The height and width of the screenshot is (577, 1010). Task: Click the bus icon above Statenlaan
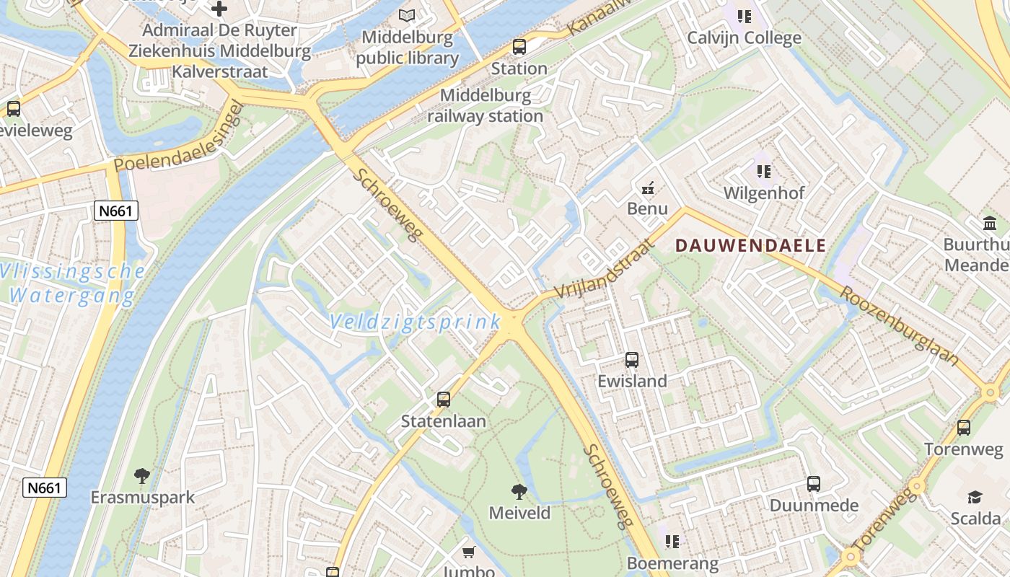click(x=444, y=399)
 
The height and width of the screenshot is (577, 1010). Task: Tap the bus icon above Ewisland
click(x=632, y=359)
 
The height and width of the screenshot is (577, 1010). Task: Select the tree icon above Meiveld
click(x=519, y=492)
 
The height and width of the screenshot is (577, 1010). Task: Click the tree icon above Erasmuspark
click(x=142, y=476)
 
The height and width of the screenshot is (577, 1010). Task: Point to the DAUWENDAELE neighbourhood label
click(x=750, y=245)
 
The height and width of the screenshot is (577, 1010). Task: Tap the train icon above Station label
click(x=519, y=48)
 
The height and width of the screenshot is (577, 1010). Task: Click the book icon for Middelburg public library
click(x=408, y=15)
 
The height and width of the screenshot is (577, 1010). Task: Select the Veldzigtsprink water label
click(x=416, y=322)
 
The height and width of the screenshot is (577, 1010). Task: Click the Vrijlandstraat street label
click(x=605, y=268)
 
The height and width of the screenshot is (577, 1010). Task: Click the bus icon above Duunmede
click(x=814, y=484)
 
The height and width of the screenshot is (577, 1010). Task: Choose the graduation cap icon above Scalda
click(x=975, y=497)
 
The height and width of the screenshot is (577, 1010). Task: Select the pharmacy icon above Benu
click(x=647, y=188)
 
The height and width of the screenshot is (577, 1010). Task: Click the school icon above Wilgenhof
click(x=764, y=172)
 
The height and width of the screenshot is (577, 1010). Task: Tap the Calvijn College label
click(x=744, y=38)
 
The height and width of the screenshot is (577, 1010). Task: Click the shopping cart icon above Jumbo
click(x=468, y=552)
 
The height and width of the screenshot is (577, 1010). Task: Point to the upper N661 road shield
click(x=115, y=211)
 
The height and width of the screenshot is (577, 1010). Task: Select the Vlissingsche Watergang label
click(x=72, y=283)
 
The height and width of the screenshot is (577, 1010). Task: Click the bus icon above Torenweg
click(x=964, y=428)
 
